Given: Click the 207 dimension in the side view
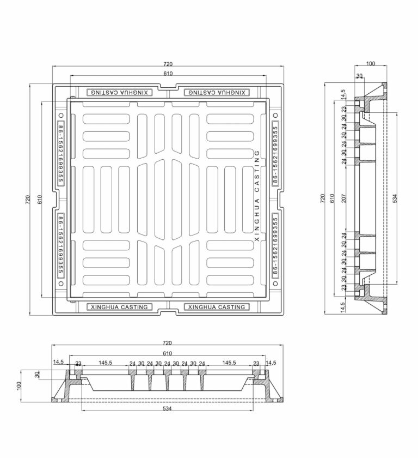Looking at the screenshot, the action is coord(344,198).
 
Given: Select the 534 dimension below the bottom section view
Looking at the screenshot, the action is coord(167,408).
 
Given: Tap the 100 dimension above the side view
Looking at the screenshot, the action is coord(371,63).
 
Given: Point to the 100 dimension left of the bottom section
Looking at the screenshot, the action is coord(19,385).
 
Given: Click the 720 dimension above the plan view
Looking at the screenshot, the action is coord(168,64).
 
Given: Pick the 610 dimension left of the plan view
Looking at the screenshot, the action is coord(40,199).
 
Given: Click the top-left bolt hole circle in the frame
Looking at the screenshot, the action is coord(61,115).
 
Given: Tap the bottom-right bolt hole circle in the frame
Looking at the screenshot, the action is coord(275,284).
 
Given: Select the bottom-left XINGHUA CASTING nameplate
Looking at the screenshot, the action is coord(119,307).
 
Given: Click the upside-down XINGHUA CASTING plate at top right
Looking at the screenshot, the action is coord(217,93).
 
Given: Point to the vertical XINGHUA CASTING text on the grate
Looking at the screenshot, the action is coord(257,196).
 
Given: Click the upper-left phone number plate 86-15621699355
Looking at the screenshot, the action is coord(60,153).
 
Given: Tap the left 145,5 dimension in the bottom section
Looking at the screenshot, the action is coord(105,363).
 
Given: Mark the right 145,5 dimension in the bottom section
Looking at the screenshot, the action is coord(229,363).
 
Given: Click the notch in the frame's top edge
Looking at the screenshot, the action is coord(168,87).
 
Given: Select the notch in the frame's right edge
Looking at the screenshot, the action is coord(280,199).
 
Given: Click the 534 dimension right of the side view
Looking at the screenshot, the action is coord(395,198).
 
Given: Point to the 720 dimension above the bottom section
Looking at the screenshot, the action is coord(167,342).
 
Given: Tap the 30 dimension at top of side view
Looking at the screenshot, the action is coord(359,76).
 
